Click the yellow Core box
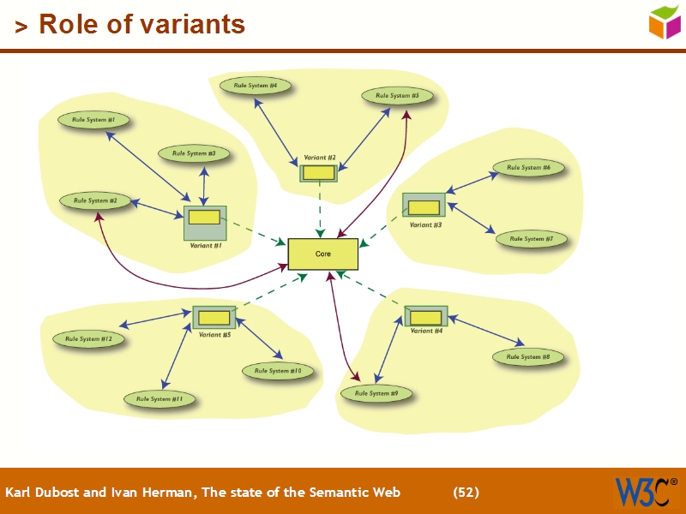point(322,254)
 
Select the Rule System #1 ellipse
point(93,120)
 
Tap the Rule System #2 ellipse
point(95,200)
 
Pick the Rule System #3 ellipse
point(194,153)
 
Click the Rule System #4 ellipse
point(256,86)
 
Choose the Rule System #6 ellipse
point(528,168)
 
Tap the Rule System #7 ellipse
point(531,239)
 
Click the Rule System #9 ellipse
point(376,393)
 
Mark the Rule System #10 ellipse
point(278,371)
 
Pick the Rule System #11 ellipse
point(159,399)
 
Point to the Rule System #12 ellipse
point(89,339)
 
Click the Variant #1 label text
point(206,246)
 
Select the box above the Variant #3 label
point(424,206)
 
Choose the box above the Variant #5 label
point(214,318)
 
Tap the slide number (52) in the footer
point(466,493)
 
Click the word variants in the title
point(190,24)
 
